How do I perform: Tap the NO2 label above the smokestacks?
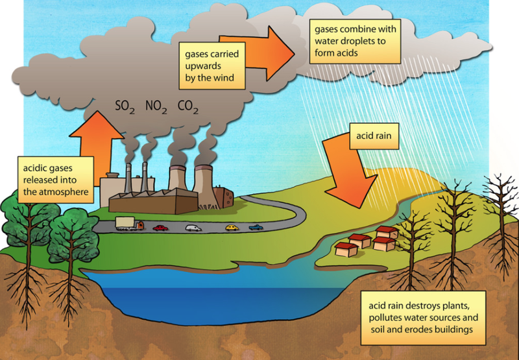159,106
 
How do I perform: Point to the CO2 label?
190,106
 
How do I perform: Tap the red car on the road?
160,227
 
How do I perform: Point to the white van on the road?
194,228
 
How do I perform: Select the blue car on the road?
257,227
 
